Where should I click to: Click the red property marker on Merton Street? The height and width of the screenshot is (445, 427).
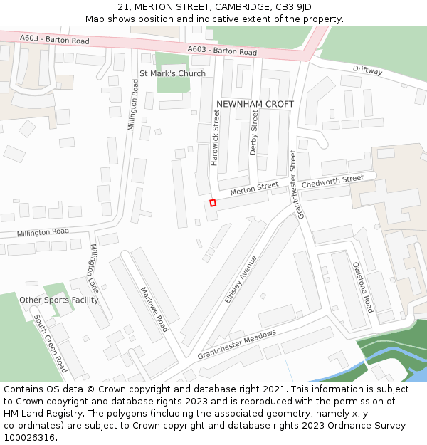(213, 203)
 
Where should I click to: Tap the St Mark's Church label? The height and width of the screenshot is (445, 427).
(172, 73)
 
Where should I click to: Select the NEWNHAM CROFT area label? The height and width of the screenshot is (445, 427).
(255, 104)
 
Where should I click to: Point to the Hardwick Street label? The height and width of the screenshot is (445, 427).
(215, 137)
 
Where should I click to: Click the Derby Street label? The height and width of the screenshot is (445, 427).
(253, 133)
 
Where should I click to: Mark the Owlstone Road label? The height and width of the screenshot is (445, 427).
(362, 286)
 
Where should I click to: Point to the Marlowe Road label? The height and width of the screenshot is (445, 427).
(154, 309)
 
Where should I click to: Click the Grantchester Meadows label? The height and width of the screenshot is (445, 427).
(236, 345)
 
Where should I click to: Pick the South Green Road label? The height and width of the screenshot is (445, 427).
(51, 344)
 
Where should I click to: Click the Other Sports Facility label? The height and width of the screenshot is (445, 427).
(59, 300)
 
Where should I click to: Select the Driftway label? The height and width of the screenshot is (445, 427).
(367, 70)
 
